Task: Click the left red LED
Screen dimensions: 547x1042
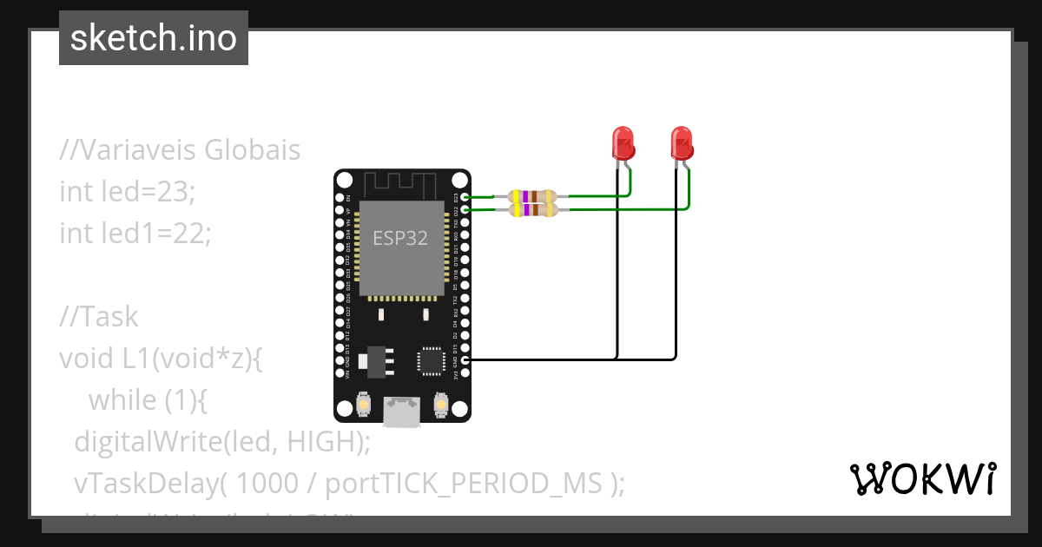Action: point(623,142)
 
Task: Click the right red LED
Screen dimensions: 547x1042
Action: point(683,142)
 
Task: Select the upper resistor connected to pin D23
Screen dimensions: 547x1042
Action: point(531,197)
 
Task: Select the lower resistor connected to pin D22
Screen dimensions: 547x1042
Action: point(531,209)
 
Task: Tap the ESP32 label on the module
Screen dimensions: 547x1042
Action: point(400,238)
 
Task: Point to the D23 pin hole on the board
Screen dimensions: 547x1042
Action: point(465,197)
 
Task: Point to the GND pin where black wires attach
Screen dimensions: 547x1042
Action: point(465,359)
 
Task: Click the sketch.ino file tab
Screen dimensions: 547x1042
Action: point(154,38)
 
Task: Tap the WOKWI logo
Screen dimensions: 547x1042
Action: point(922,478)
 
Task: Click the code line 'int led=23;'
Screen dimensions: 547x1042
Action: point(128,191)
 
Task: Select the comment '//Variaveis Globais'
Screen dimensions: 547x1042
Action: point(180,149)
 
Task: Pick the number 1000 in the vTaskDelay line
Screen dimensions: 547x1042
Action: point(266,483)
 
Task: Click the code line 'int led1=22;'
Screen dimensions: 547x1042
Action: point(135,233)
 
